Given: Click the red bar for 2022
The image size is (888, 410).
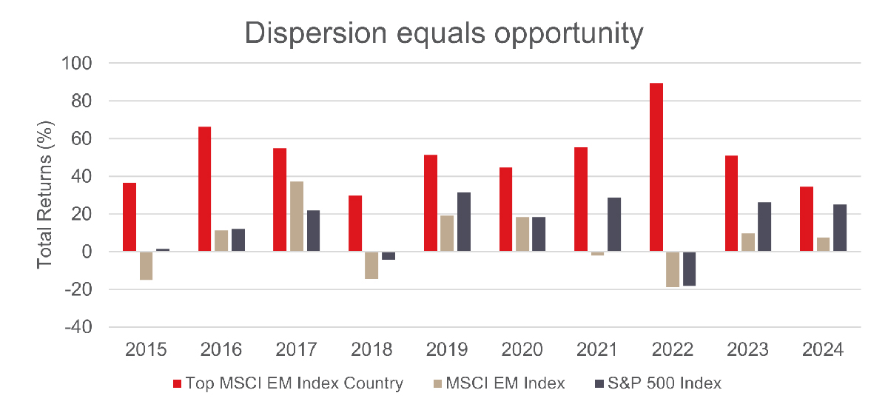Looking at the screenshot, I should tap(656, 167).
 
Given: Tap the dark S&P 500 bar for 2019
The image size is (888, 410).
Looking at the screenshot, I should tap(464, 222).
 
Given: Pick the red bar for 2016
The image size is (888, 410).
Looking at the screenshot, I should tap(203, 189).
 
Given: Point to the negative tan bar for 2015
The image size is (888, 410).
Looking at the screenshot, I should tap(146, 266).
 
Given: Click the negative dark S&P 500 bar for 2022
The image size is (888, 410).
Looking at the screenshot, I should tap(689, 269).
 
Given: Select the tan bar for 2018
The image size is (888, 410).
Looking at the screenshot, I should tap(371, 265).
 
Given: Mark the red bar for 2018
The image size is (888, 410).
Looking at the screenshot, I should tap(354, 224).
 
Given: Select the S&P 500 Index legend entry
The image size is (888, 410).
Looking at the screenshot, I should tap(659, 383).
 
